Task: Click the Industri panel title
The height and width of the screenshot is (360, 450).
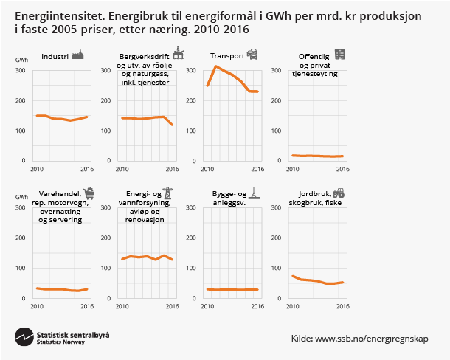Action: coord(55,57)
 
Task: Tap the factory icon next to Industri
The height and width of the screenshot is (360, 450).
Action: coord(79,55)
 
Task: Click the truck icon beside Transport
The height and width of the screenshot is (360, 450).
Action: coord(252,54)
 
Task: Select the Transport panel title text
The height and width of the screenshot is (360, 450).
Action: coord(226,57)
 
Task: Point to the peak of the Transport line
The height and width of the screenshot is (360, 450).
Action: coord(215,66)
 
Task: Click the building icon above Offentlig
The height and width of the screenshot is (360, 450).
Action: coord(340,54)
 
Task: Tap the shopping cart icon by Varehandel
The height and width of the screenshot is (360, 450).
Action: coord(89,193)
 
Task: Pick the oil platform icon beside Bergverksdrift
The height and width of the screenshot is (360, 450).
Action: coord(179,54)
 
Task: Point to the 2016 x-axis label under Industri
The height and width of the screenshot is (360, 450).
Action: coord(86,167)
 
